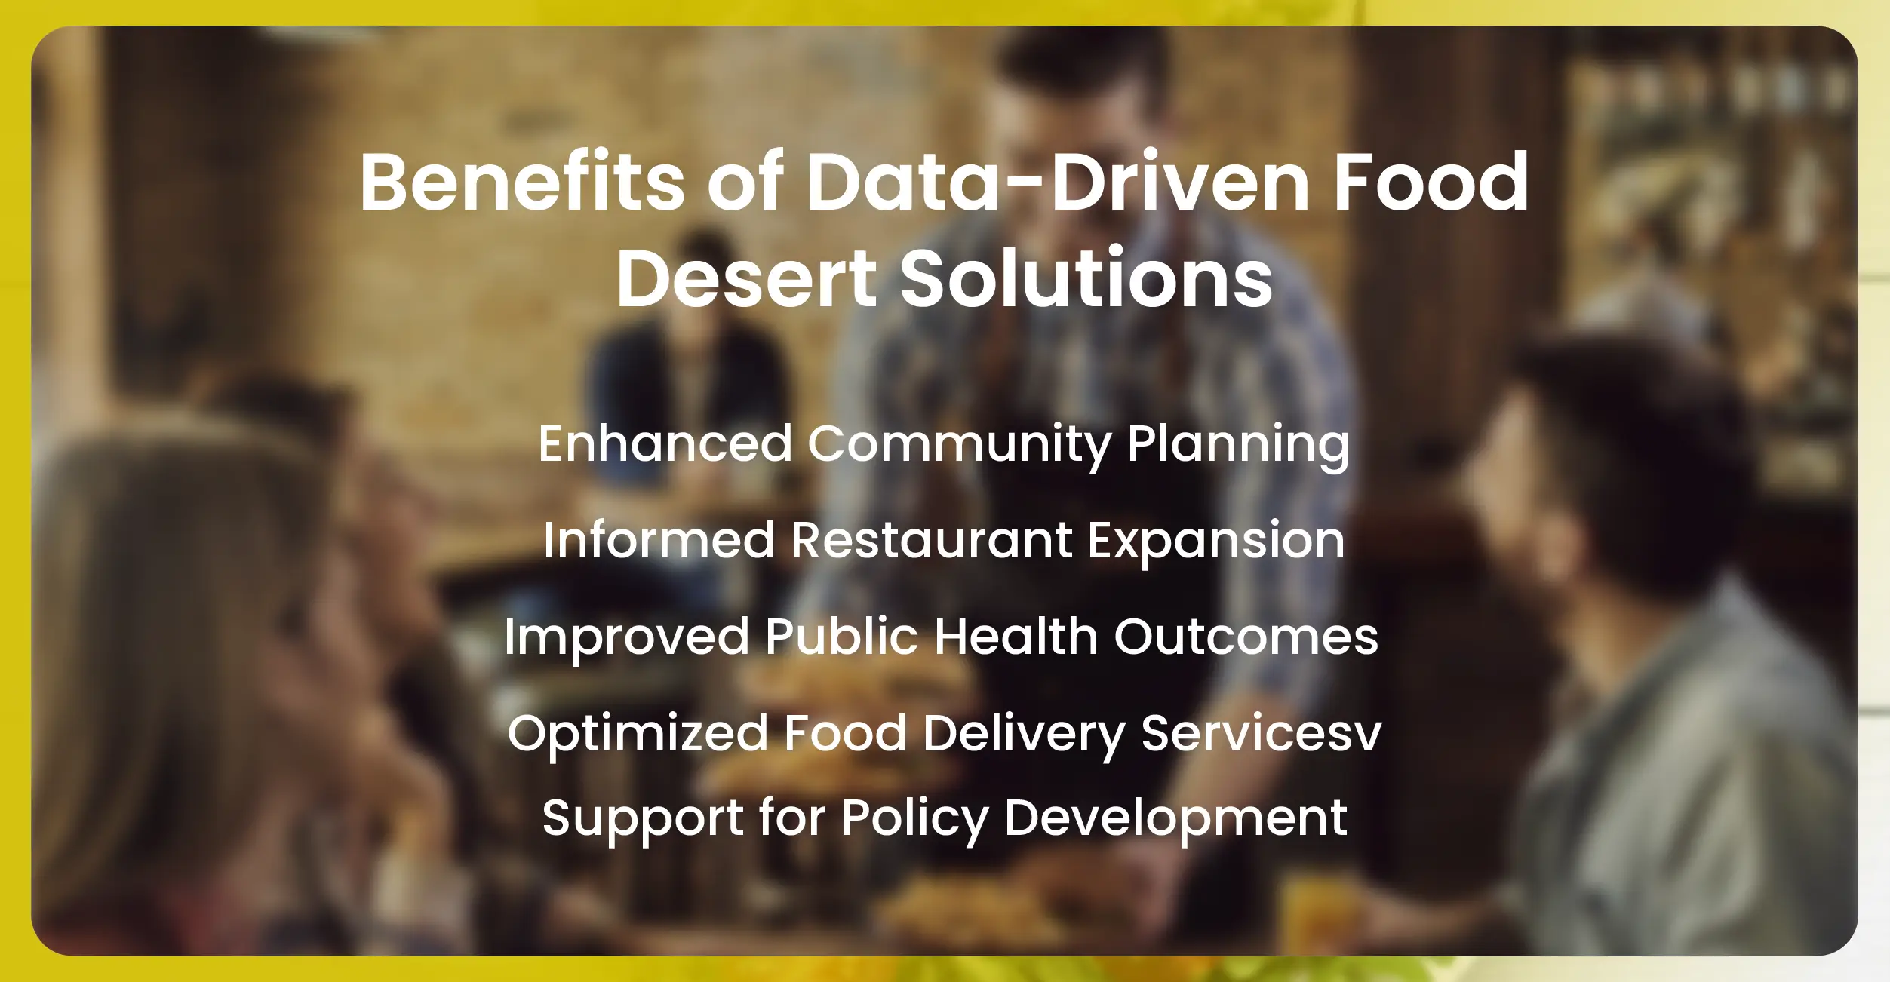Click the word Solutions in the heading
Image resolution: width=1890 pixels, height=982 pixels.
[x=1086, y=278]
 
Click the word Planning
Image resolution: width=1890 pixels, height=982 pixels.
[x=1238, y=445]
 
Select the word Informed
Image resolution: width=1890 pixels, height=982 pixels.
[x=659, y=540]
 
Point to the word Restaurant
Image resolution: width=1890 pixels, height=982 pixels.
[x=931, y=540]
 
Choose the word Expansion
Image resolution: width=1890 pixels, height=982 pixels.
[x=1216, y=542]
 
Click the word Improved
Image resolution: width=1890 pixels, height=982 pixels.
[x=626, y=637]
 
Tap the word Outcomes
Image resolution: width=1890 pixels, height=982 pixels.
[x=1246, y=637]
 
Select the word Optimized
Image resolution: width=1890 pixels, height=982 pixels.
[x=637, y=734]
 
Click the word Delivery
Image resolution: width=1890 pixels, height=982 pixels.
[x=1024, y=734]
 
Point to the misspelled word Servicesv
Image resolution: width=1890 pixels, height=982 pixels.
[x=1261, y=733]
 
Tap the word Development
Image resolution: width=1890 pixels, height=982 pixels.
[x=1175, y=819]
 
